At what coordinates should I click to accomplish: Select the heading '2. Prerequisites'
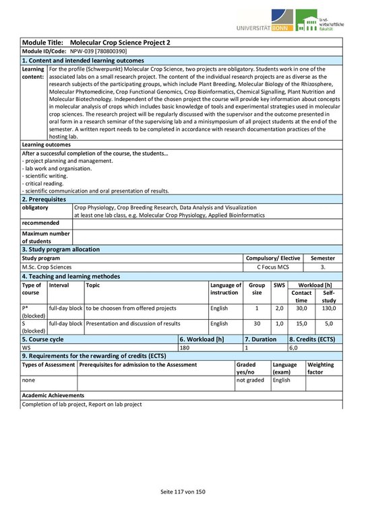44,199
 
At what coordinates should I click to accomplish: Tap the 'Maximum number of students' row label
46,237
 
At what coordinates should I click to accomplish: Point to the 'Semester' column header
322,258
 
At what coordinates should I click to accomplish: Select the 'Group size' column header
257,289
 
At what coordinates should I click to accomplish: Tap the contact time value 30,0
301,308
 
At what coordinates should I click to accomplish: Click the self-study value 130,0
328,308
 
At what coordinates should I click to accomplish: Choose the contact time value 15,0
301,324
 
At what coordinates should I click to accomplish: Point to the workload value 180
185,348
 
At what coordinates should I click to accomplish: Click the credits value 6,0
294,348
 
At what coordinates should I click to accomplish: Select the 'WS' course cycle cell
27,348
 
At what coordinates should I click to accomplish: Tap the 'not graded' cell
249,380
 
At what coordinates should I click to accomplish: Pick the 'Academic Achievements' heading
53,395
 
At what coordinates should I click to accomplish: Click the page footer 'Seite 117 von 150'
183,493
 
